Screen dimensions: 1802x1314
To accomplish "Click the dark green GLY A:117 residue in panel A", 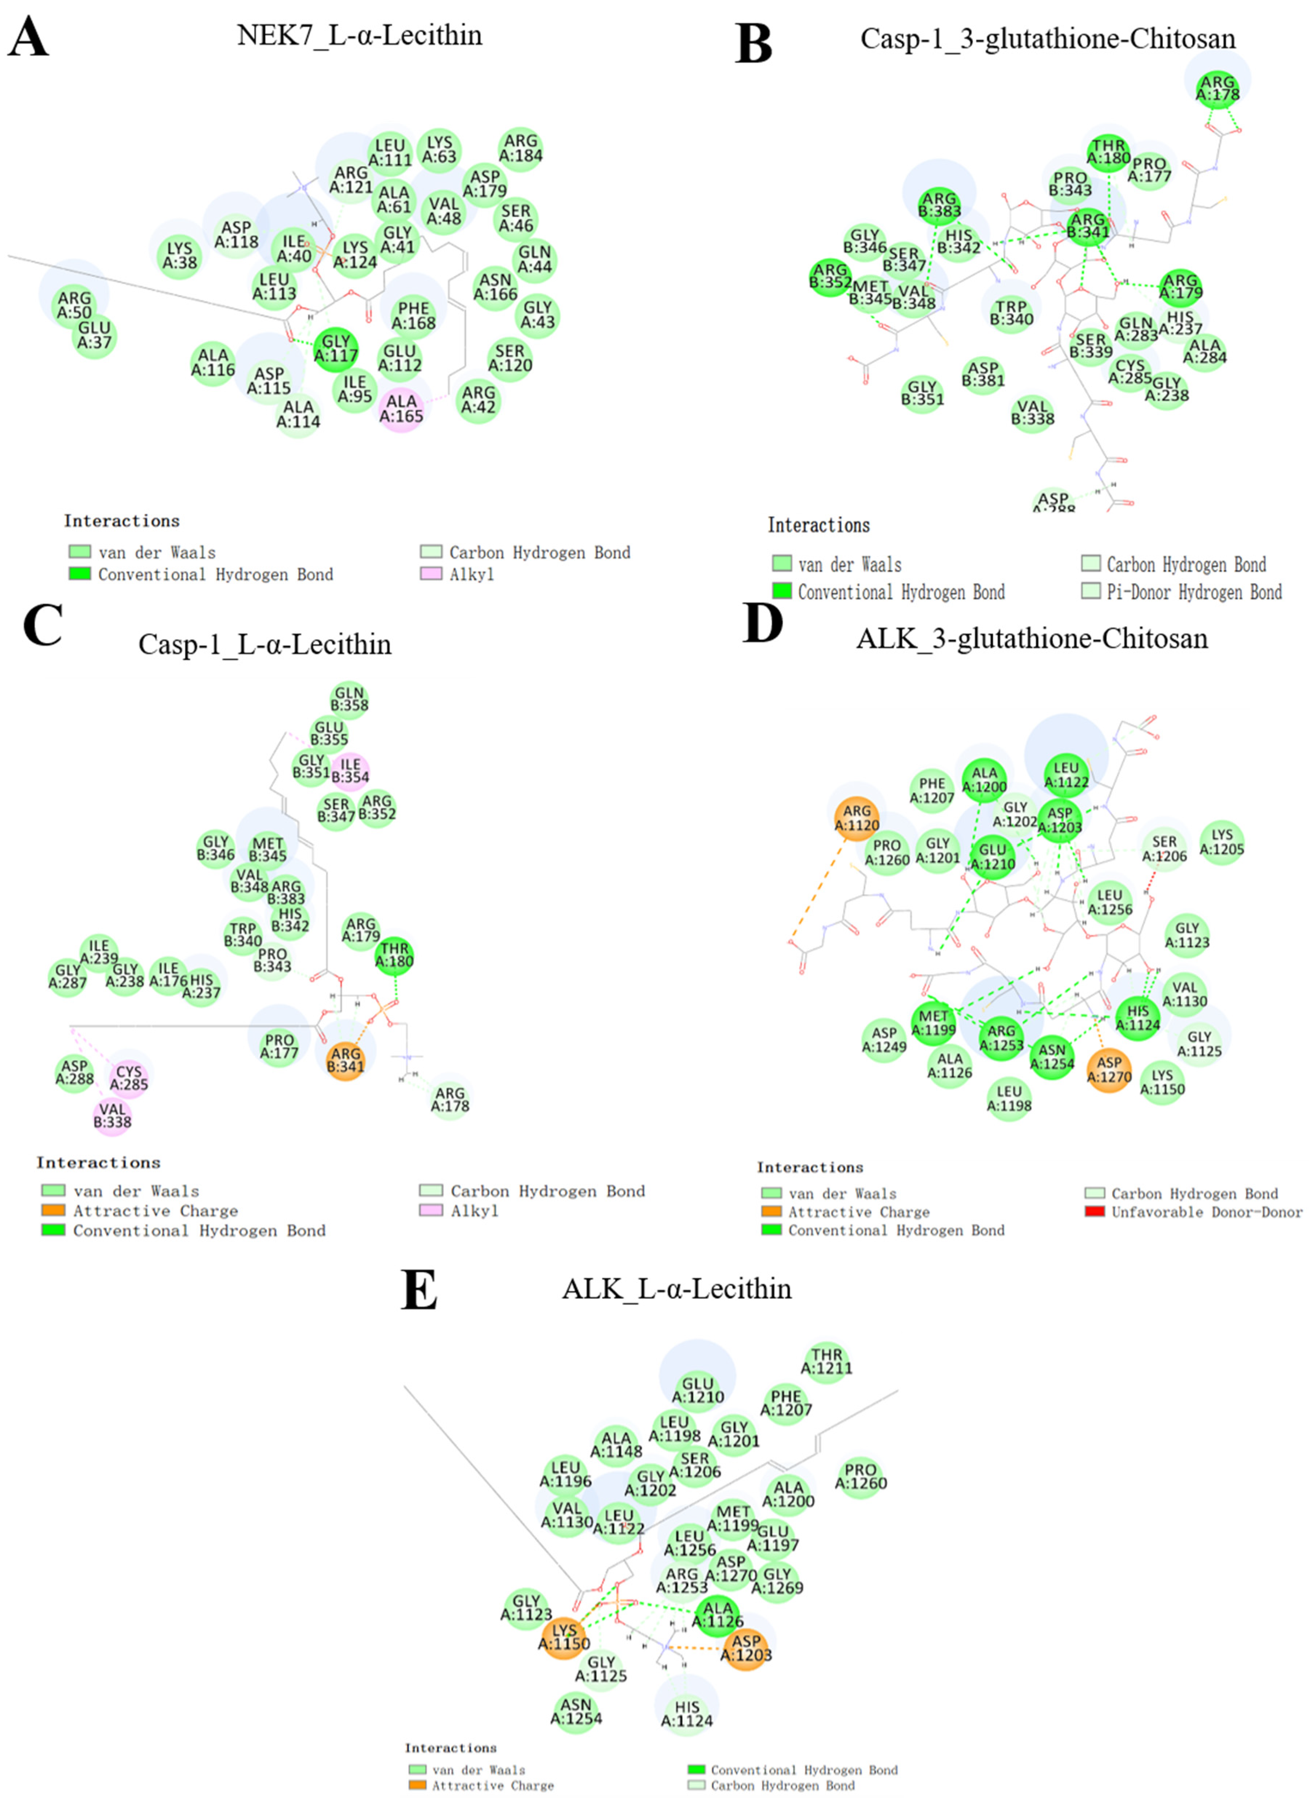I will (x=336, y=348).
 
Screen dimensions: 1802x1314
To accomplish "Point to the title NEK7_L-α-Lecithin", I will (x=360, y=36).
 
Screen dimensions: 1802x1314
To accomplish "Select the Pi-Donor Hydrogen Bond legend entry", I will (x=1193, y=592).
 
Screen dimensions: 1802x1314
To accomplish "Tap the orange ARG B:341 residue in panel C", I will (x=345, y=1060).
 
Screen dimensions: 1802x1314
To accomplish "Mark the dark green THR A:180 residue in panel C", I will (x=394, y=955).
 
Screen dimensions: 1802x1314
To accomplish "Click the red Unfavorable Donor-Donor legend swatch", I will (x=1095, y=1212).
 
